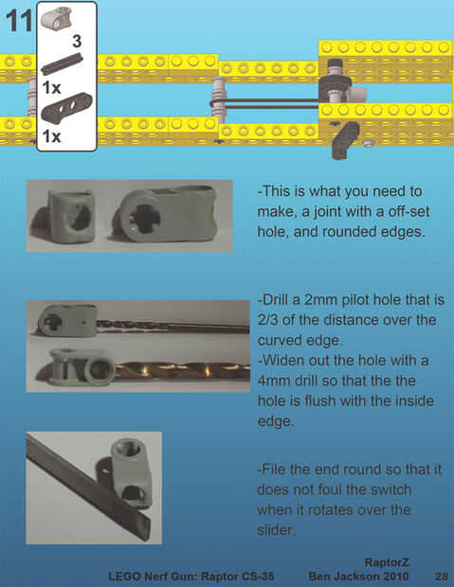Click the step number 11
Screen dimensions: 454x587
pyautogui.click(x=19, y=22)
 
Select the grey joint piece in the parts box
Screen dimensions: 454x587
pyautogui.click(x=56, y=19)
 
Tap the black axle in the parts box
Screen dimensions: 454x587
pyautogui.click(x=62, y=63)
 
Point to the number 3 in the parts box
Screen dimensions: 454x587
pyautogui.click(x=77, y=41)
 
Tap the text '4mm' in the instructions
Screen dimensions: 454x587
pyautogui.click(x=273, y=381)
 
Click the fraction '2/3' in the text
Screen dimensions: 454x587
pyautogui.click(x=267, y=320)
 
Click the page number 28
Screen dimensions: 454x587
pyautogui.click(x=442, y=576)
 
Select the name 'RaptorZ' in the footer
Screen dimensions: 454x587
pyautogui.click(x=387, y=562)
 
